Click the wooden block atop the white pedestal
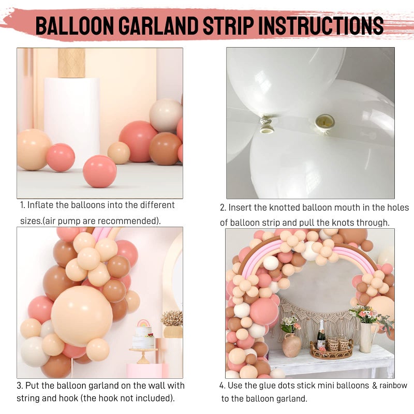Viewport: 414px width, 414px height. click(71, 63)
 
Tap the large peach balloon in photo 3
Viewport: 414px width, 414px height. click(82, 316)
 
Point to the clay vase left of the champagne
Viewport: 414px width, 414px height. click(292, 344)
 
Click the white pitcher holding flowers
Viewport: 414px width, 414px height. click(366, 336)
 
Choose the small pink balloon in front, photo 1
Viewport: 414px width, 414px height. click(100, 171)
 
